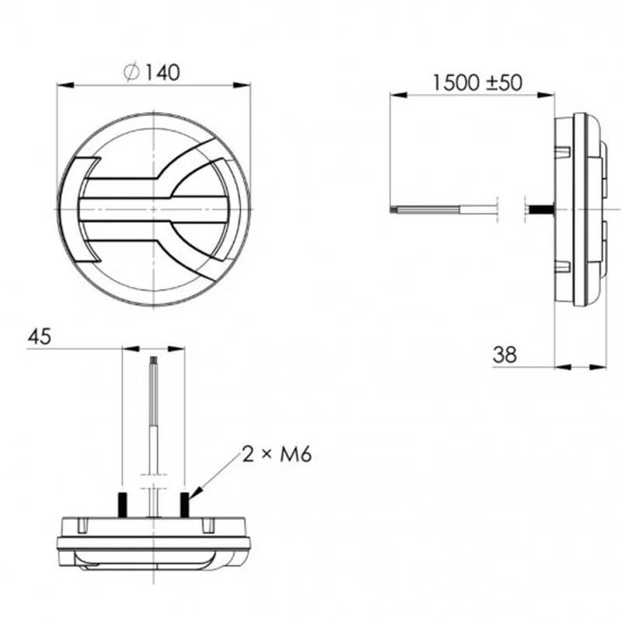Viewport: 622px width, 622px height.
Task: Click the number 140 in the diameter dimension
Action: (x=162, y=72)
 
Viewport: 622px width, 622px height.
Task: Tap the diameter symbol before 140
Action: (x=131, y=72)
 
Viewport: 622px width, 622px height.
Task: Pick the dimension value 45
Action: (x=40, y=337)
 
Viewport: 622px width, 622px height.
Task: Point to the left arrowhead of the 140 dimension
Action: (x=63, y=86)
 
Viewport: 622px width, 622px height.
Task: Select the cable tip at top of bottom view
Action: (x=154, y=362)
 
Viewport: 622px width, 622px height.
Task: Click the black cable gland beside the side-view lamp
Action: (x=538, y=210)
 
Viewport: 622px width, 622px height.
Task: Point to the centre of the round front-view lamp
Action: (x=154, y=210)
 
